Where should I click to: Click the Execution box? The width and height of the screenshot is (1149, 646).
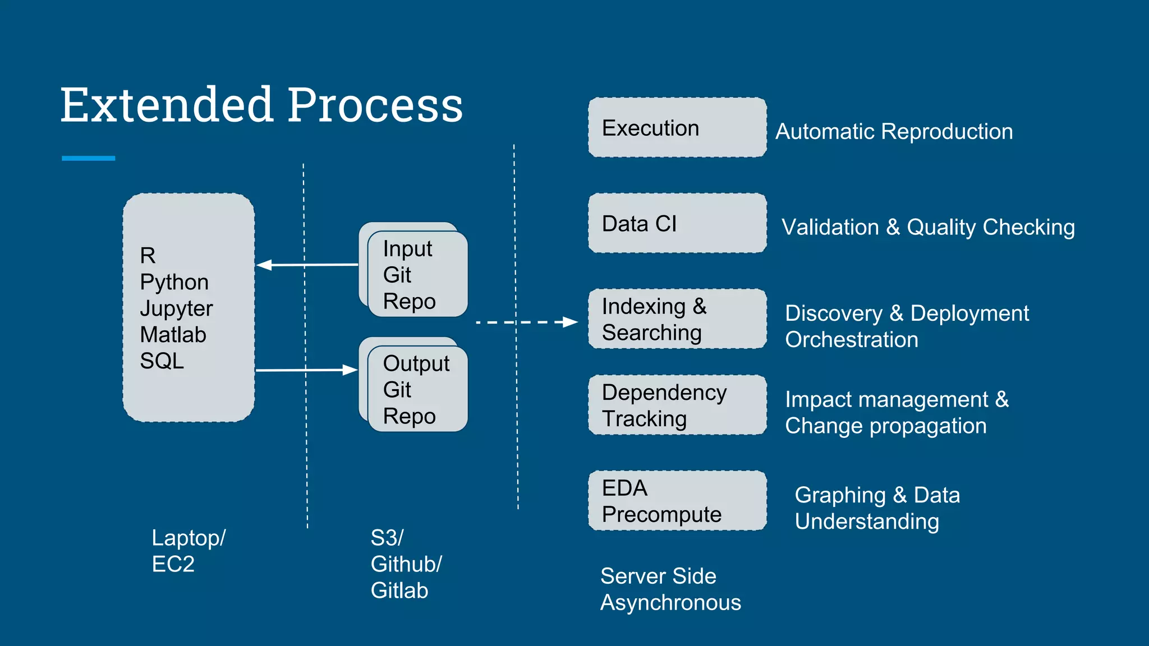[677, 128]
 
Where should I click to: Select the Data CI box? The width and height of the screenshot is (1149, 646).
[677, 223]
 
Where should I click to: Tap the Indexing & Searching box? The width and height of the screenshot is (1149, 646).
[677, 319]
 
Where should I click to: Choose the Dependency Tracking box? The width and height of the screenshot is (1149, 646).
[677, 405]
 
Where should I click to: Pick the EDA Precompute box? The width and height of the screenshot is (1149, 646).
[677, 501]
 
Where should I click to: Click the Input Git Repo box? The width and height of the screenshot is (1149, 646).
[417, 275]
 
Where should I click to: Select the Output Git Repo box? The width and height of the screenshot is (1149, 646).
[417, 389]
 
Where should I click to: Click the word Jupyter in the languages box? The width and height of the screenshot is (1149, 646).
[176, 308]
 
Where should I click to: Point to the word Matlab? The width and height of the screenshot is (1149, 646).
[173, 335]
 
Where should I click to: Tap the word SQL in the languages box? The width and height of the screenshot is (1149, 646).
[162, 361]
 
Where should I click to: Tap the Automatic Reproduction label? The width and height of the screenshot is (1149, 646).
[894, 132]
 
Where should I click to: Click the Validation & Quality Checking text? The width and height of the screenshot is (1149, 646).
[928, 227]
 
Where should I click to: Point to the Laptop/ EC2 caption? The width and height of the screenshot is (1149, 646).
[188, 551]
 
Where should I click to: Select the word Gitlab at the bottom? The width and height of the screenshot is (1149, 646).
[399, 590]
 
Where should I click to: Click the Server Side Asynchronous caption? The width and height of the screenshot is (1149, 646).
[670, 589]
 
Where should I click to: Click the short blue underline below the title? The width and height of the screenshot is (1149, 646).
[88, 158]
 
